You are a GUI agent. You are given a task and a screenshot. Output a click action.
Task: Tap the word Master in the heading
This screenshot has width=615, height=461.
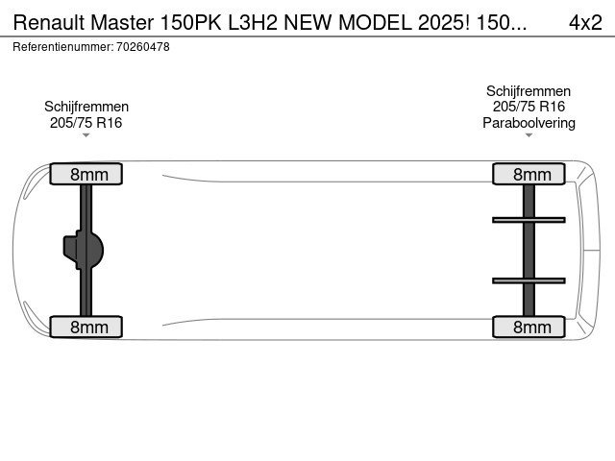coord(122,22)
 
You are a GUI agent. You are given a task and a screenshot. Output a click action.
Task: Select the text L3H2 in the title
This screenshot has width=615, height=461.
coord(253,22)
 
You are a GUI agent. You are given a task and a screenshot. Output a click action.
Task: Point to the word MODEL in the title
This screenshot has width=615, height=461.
coord(376,22)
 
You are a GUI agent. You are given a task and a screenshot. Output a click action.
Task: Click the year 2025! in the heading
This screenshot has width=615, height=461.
coord(444,22)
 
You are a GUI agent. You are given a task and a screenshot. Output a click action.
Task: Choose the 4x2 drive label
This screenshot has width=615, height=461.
coord(585,22)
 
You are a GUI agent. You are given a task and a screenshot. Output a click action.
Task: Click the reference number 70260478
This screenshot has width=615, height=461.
coord(143,47)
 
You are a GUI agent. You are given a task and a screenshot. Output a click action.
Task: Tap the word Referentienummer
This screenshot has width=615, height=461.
coord(62,47)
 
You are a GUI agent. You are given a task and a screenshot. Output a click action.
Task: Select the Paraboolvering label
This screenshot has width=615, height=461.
coord(529,123)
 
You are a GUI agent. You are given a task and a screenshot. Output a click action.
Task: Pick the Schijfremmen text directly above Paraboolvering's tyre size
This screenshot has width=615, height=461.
coord(529,91)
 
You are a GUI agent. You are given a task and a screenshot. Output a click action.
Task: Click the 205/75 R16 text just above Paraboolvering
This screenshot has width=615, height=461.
coord(529,107)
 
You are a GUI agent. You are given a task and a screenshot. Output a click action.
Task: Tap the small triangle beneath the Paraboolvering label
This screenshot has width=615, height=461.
coord(529,135)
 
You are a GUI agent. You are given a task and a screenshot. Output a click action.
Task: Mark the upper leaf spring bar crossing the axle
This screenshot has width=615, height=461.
coord(529,220)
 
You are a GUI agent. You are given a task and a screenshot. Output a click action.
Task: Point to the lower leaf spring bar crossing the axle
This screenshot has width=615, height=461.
coord(529,280)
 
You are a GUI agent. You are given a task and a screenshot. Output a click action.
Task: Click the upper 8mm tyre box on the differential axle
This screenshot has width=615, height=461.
coord(86,174)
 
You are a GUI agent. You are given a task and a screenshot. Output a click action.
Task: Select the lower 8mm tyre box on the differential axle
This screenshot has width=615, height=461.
coord(86,327)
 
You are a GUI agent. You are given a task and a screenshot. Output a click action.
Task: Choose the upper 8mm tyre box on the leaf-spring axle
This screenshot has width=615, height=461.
coord(529,174)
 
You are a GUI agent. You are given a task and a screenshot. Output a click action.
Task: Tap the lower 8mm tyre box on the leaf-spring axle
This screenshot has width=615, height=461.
coord(529,327)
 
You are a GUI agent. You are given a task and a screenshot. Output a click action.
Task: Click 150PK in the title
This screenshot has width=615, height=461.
coord(191,22)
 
